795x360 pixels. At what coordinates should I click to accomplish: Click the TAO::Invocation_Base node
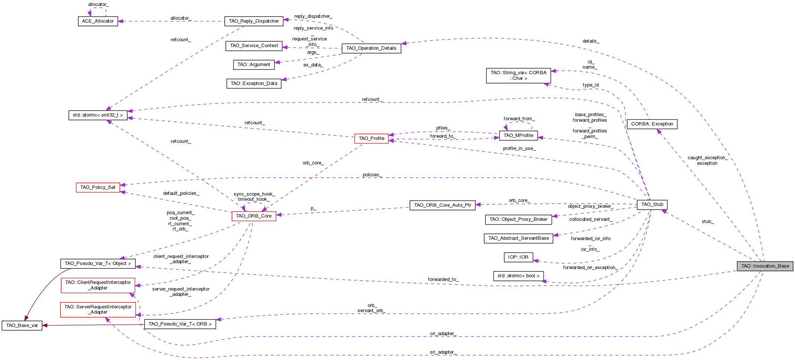(x=765, y=266)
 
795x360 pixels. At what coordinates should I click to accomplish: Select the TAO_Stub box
(x=652, y=204)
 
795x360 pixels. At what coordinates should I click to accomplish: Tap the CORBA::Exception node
(x=652, y=124)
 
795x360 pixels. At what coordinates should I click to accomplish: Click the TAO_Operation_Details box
(x=371, y=48)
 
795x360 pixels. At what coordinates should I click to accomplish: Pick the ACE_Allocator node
(x=98, y=21)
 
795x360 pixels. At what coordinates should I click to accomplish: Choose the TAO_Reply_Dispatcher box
(x=254, y=21)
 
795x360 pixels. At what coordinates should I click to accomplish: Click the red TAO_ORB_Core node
(x=254, y=216)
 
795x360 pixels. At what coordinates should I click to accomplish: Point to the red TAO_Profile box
(x=371, y=138)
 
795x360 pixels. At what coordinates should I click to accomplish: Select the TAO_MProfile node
(x=518, y=135)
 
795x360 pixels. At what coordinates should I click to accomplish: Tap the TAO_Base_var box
(x=22, y=325)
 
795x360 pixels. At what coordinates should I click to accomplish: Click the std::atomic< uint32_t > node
(x=98, y=115)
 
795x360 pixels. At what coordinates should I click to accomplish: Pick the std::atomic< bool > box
(x=518, y=276)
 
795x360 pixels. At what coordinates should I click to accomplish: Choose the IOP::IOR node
(x=518, y=257)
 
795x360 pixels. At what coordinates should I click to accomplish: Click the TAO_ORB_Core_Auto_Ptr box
(x=442, y=205)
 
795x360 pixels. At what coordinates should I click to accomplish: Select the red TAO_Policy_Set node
(x=98, y=187)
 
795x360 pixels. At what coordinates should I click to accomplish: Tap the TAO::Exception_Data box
(x=254, y=84)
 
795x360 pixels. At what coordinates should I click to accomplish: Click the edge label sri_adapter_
(x=443, y=352)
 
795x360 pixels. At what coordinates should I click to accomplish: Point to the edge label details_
(x=591, y=41)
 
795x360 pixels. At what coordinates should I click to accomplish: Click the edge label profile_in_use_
(x=519, y=148)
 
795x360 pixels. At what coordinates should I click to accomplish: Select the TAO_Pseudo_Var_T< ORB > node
(x=180, y=324)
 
